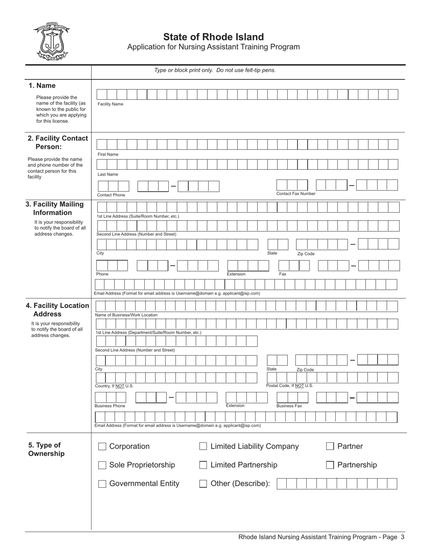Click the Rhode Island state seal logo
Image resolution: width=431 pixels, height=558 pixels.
[51, 41]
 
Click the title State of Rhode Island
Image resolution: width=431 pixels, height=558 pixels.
[213, 37]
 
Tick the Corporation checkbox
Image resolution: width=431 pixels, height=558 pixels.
[102, 446]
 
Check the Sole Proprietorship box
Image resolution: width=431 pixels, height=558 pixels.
[102, 465]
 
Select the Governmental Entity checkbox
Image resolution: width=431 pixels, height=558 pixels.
[102, 484]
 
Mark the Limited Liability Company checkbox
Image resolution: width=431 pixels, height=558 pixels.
[203, 446]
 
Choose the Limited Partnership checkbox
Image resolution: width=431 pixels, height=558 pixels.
[203, 465]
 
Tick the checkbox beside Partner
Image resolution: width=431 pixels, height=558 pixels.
[330, 446]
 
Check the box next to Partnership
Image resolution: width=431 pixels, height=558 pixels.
[330, 465]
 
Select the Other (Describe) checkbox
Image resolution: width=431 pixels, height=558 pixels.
[203, 484]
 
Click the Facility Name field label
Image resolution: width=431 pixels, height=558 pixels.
[110, 104]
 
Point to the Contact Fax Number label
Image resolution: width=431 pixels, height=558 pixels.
[296, 194]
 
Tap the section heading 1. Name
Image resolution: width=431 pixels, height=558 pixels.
[42, 86]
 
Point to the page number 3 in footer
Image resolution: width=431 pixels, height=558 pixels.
[402, 537]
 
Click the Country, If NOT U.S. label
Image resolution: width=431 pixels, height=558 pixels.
[114, 386]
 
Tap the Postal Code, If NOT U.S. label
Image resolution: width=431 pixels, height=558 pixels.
[289, 386]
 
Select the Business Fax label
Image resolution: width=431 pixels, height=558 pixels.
[289, 406]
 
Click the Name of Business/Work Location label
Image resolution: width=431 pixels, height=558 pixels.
[126, 315]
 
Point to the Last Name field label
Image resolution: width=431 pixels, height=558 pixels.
[108, 174]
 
